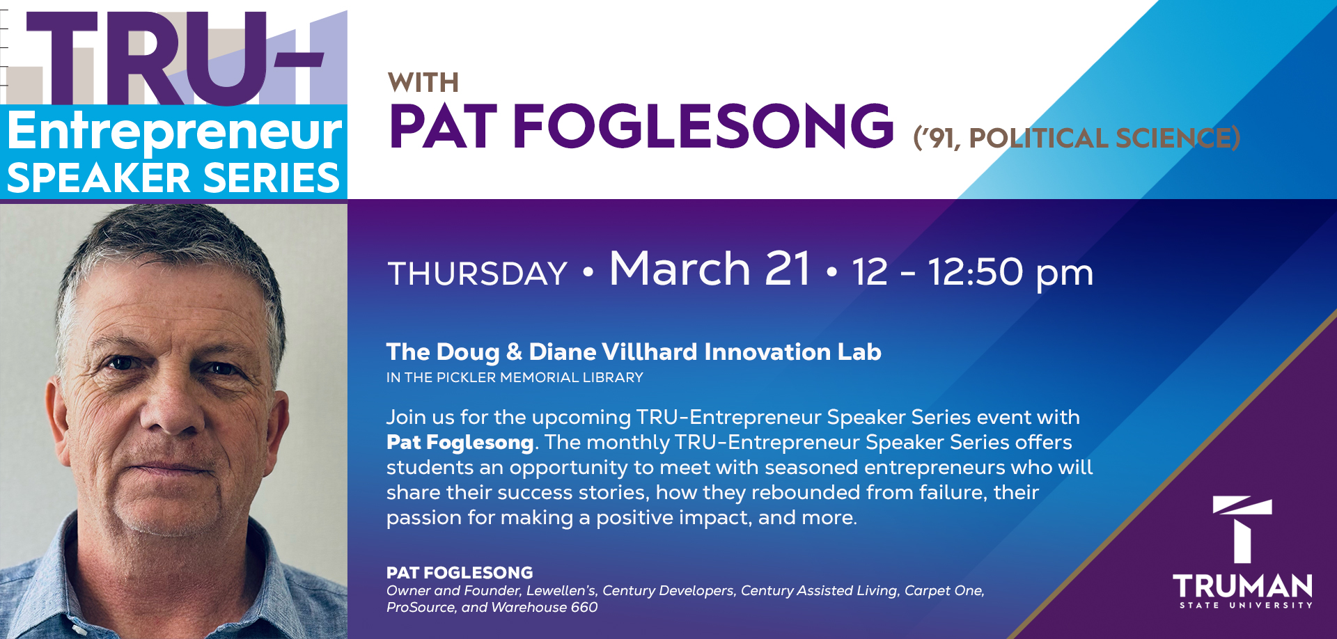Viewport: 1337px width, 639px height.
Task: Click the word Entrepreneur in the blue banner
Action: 174,132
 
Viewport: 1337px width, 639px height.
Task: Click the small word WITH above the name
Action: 423,84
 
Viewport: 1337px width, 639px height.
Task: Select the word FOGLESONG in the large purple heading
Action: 703,127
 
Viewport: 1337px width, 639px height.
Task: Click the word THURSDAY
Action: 478,274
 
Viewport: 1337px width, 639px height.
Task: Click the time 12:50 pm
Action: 1010,272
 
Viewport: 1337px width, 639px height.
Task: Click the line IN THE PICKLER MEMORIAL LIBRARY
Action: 515,378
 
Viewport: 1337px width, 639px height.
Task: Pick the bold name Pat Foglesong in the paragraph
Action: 460,443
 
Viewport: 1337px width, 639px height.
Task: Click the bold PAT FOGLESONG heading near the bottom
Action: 460,573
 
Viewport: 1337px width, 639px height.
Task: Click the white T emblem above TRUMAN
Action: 1242,528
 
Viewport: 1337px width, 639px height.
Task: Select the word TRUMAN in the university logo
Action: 1242,587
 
